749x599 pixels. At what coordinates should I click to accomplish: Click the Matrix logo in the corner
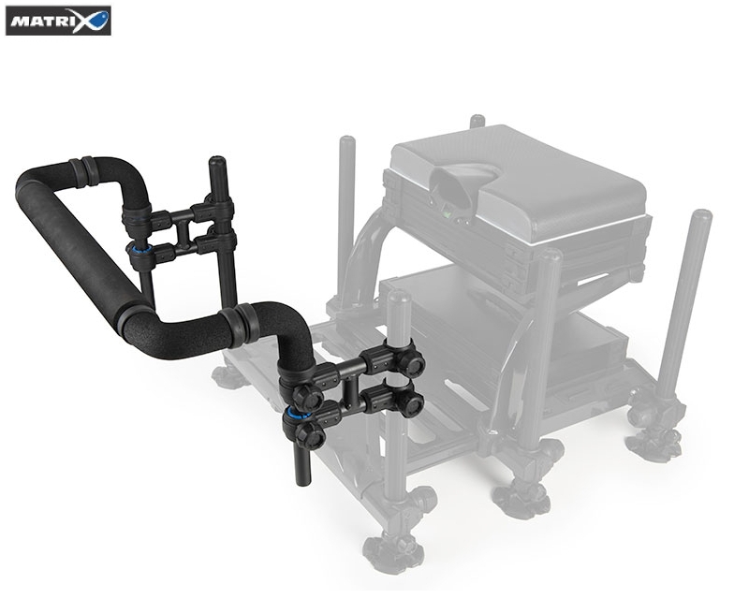(58, 21)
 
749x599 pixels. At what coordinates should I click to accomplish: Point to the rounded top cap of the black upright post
(216, 160)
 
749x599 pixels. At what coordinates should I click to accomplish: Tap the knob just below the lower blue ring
(310, 434)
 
